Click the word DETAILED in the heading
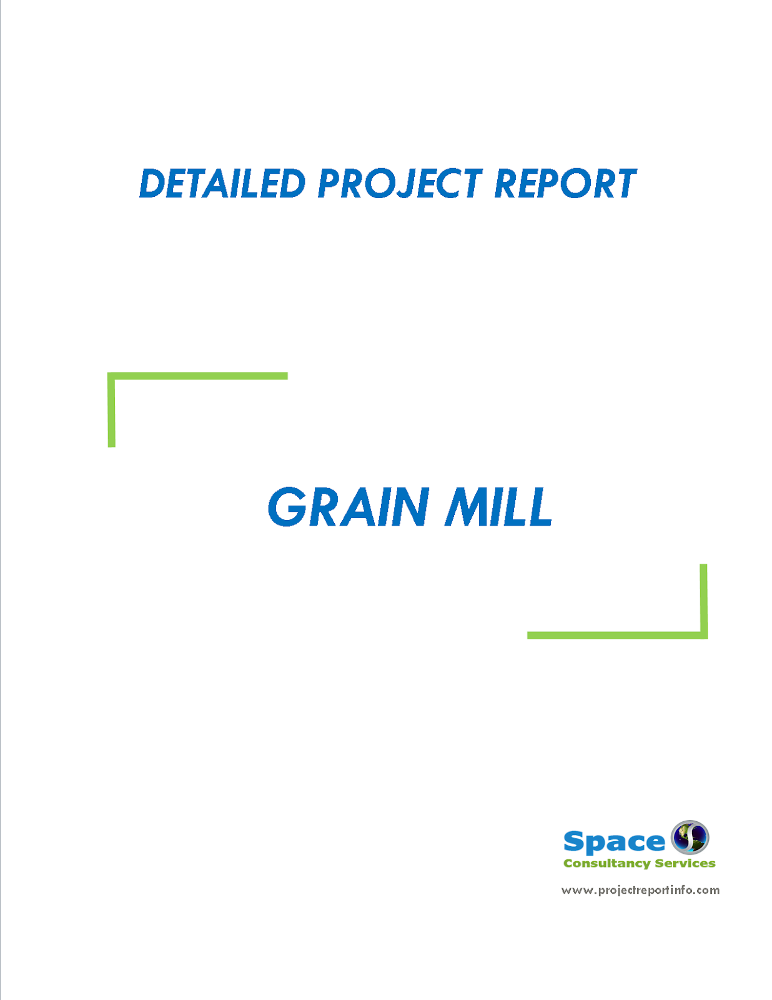[222, 184]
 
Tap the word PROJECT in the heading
[400, 184]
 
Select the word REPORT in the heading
[565, 184]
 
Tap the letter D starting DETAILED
[152, 184]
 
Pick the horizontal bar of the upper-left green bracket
[197, 376]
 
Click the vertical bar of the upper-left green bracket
[112, 411]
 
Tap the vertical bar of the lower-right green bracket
[703, 600]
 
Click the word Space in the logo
[613, 842]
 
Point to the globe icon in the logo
[690, 837]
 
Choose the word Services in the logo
[685, 864]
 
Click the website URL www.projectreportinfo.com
[640, 890]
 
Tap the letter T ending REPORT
[624, 184]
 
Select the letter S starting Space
[573, 842]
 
